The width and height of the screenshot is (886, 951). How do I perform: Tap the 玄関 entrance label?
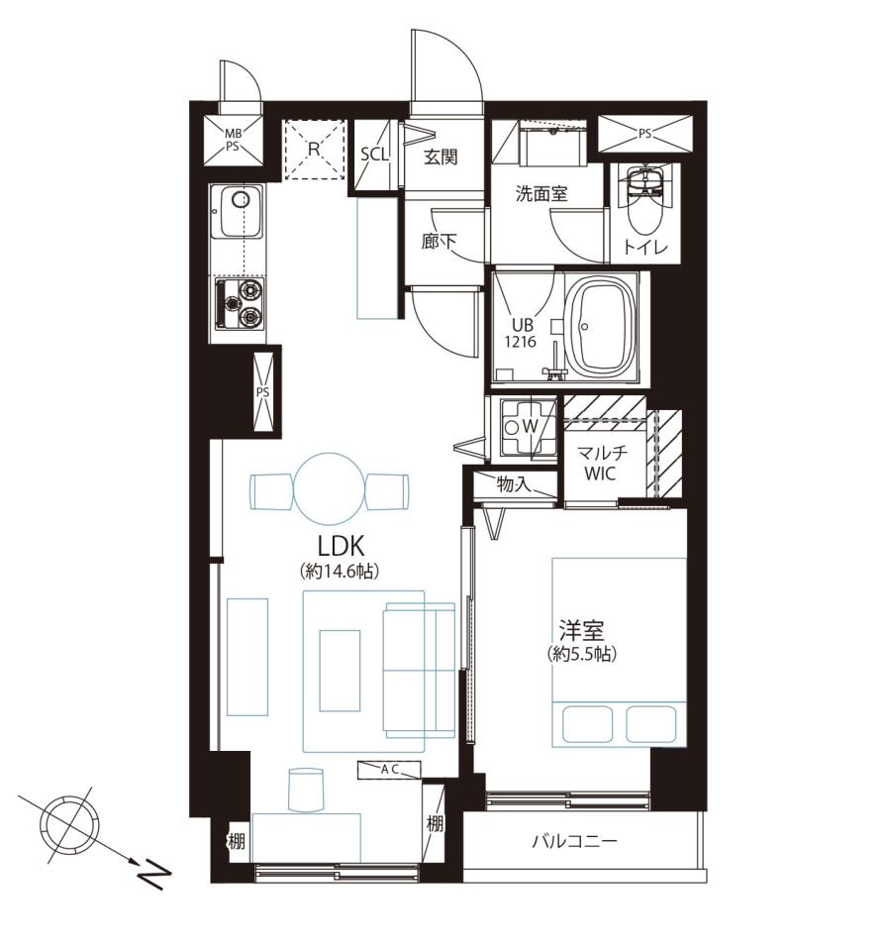(x=441, y=158)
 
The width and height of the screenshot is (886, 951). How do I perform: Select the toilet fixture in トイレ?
(x=644, y=200)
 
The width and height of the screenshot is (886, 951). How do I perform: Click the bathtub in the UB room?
(x=603, y=328)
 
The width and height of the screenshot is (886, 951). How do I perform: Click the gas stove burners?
(x=241, y=304)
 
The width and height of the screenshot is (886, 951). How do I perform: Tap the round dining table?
(x=329, y=488)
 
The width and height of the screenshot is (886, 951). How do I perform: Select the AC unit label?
(x=390, y=770)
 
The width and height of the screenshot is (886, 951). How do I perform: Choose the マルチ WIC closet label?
(x=601, y=463)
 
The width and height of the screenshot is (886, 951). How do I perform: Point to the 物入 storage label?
(x=514, y=484)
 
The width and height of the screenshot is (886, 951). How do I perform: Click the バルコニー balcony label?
(x=574, y=841)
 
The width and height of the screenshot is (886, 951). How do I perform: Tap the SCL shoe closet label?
(x=374, y=155)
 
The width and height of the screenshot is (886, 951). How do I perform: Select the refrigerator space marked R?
(x=314, y=150)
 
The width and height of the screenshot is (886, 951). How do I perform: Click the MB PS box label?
(x=233, y=140)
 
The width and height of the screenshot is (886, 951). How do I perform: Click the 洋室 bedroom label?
(x=581, y=631)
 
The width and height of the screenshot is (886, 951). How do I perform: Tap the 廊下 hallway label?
(x=439, y=242)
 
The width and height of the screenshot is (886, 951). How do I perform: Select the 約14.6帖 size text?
(x=340, y=571)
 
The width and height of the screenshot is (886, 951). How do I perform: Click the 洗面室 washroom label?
(x=541, y=193)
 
